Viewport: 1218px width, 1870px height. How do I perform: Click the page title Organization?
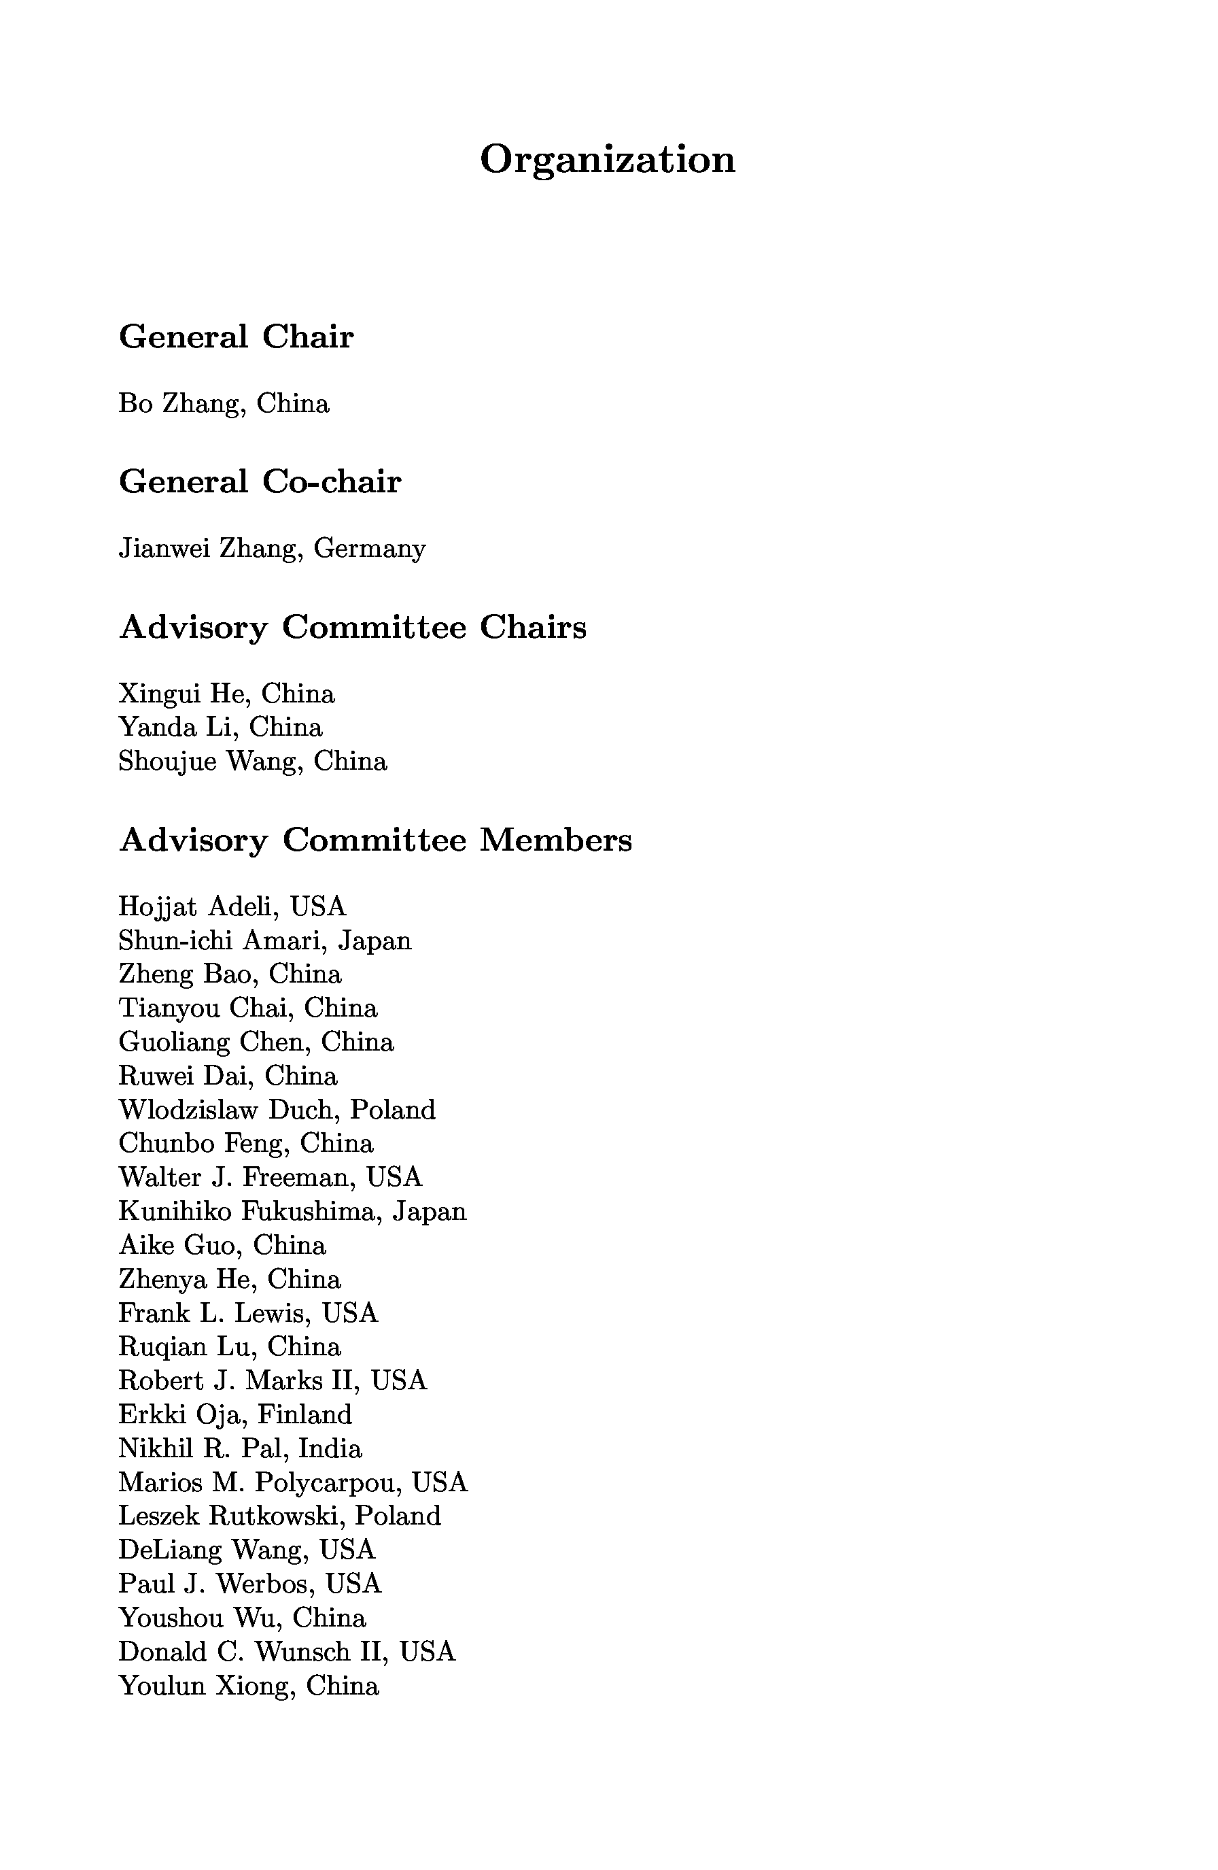607,160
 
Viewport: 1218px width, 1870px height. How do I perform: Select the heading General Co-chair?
260,481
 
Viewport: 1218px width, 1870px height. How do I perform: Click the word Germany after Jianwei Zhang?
370,549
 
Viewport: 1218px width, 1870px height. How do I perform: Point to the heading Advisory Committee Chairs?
353,627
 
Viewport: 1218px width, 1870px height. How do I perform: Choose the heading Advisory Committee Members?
375,840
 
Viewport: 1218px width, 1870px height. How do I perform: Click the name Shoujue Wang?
209,762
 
